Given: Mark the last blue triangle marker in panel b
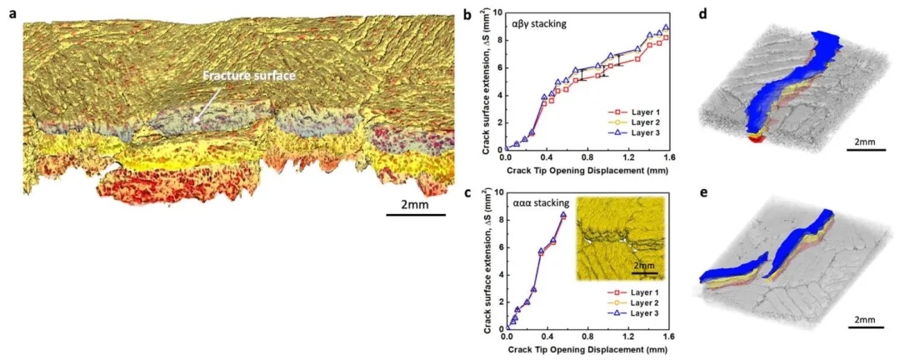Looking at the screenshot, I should point(665,27).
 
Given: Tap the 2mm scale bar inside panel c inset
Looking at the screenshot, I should point(645,271).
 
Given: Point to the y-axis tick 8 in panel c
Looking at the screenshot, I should point(498,220).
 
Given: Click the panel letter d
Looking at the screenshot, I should point(704,14).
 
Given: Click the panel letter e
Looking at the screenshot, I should point(704,192).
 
